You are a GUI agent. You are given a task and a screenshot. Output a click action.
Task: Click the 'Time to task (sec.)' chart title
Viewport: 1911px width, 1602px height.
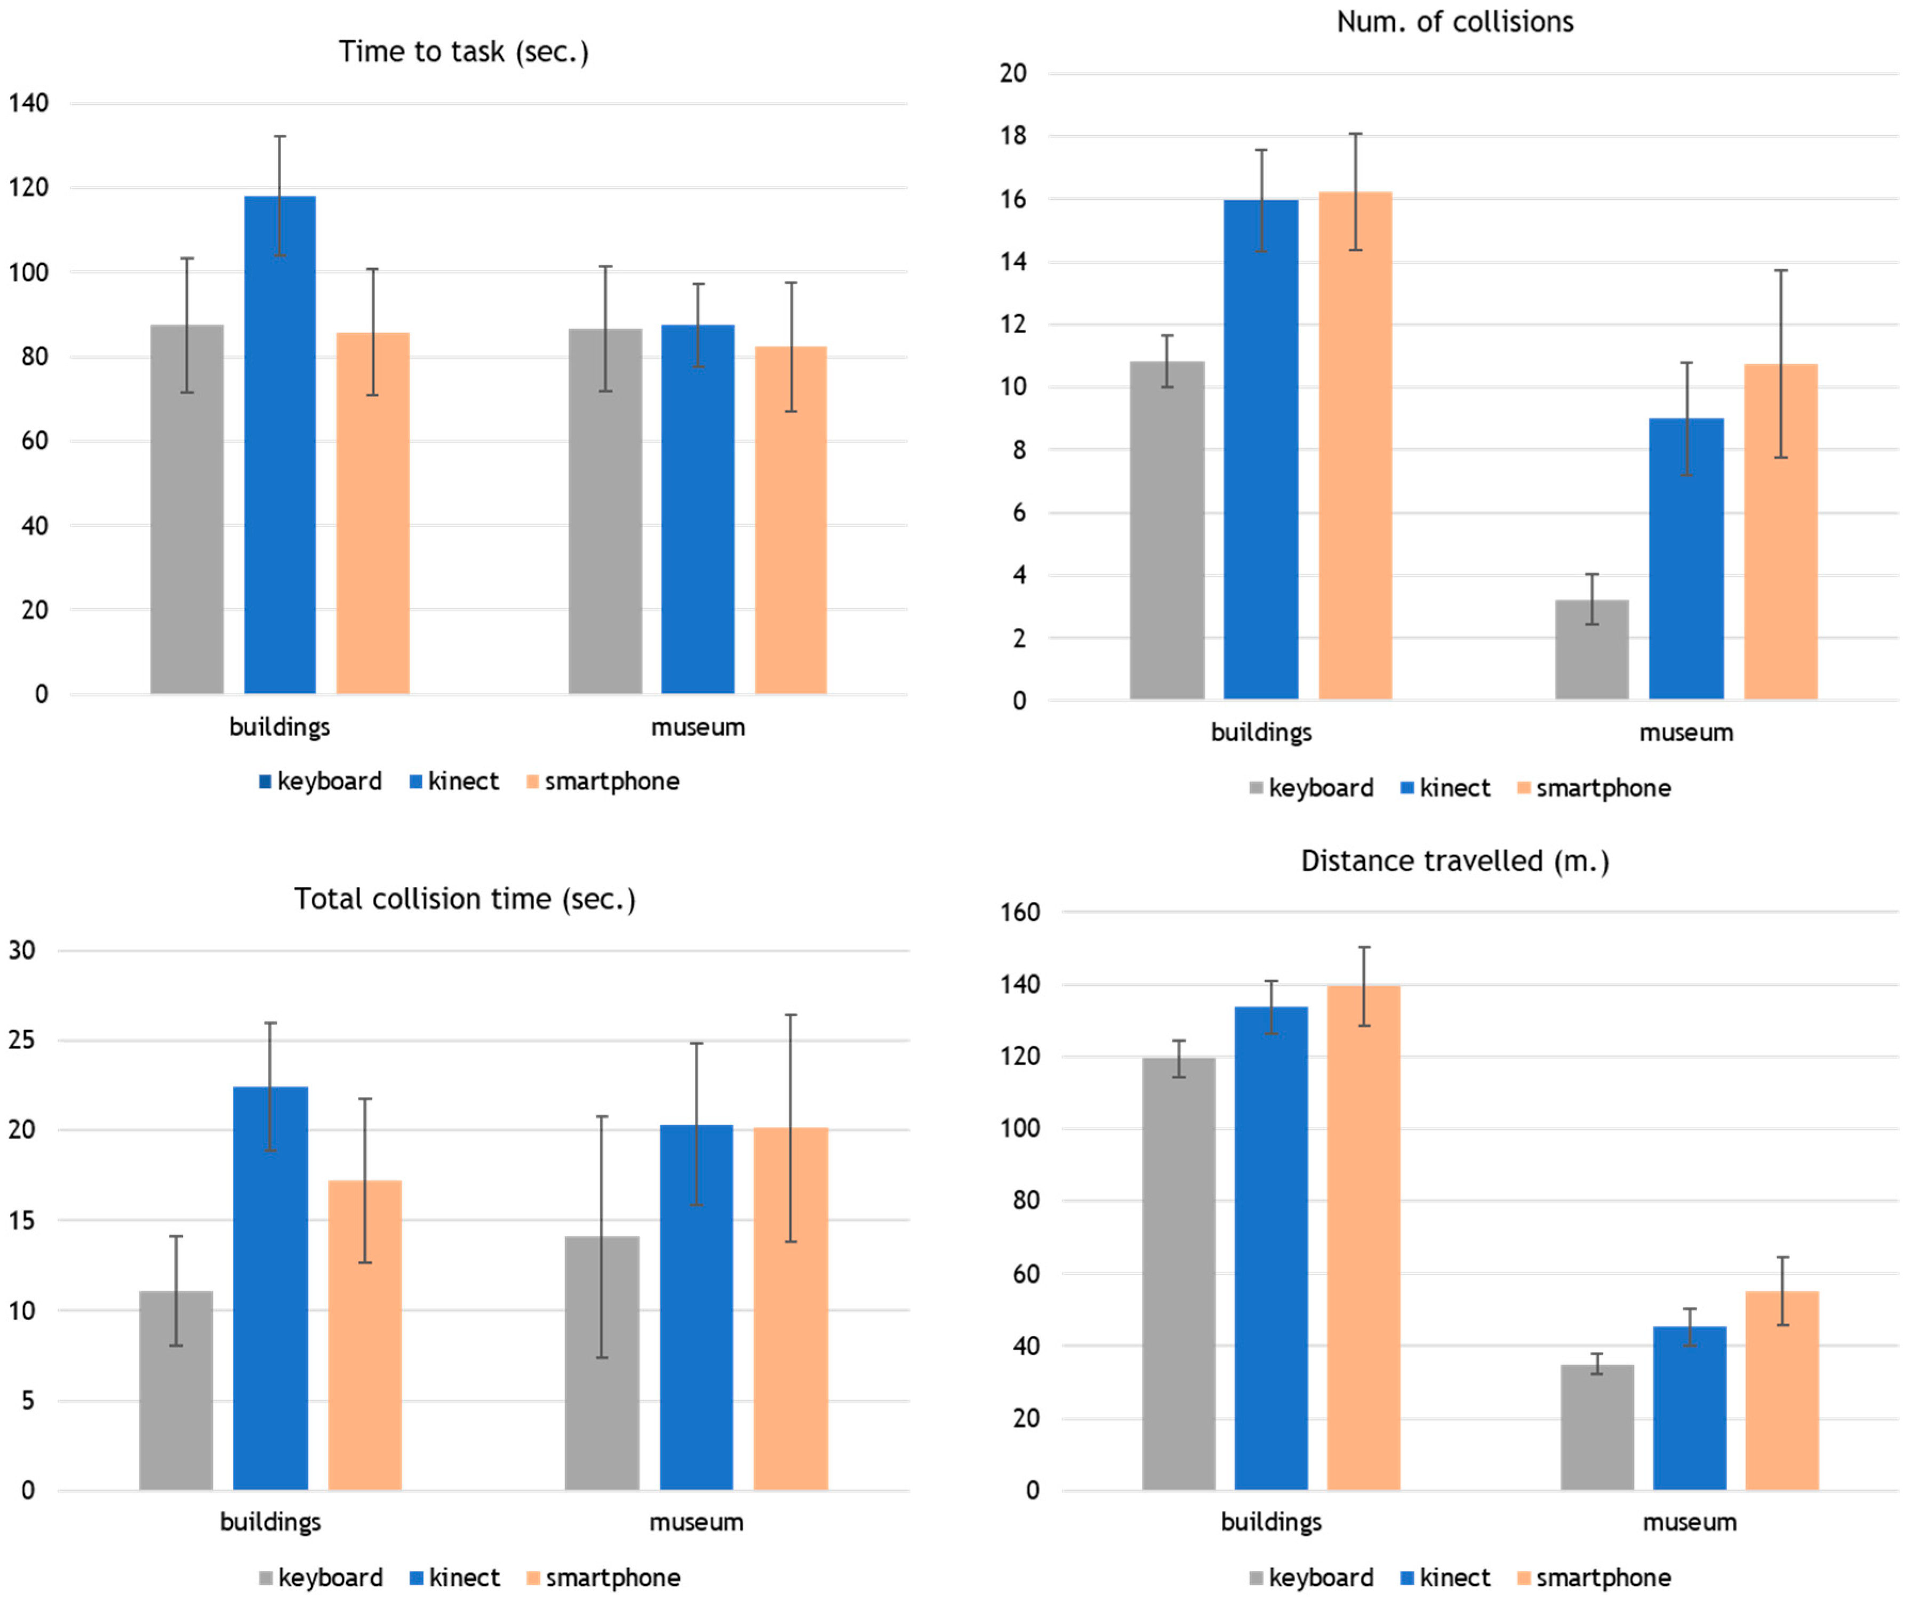[464, 52]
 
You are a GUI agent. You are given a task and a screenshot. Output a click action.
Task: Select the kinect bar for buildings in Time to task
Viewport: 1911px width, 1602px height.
[281, 445]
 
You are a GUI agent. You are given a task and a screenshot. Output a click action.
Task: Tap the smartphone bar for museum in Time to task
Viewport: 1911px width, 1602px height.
[791, 520]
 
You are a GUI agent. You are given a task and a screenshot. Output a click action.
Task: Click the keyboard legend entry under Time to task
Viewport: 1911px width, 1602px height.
[321, 782]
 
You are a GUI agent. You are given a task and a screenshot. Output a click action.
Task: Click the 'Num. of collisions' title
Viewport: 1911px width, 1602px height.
[1455, 22]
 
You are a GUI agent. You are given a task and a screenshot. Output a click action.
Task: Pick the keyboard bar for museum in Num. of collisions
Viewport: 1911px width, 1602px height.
[1593, 649]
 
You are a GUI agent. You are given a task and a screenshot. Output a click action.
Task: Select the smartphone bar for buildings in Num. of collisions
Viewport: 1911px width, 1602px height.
[1356, 446]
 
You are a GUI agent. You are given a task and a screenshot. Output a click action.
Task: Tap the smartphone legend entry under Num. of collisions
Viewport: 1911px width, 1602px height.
[1594, 788]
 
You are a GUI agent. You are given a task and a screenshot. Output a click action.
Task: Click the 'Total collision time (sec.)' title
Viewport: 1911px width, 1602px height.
[465, 899]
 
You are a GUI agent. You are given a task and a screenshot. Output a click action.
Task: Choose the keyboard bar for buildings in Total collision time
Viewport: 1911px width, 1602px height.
[177, 1390]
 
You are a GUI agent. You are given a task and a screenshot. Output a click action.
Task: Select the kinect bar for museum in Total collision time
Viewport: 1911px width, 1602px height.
[696, 1307]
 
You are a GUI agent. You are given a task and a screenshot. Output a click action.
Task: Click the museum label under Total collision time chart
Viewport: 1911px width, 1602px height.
[696, 1522]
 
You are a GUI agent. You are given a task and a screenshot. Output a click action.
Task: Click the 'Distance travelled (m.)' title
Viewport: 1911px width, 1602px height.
[1455, 860]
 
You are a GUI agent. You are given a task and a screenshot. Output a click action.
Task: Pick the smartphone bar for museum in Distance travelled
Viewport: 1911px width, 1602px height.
[1782, 1390]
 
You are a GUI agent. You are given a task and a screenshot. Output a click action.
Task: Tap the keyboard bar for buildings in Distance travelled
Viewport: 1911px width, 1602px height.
[1179, 1274]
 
